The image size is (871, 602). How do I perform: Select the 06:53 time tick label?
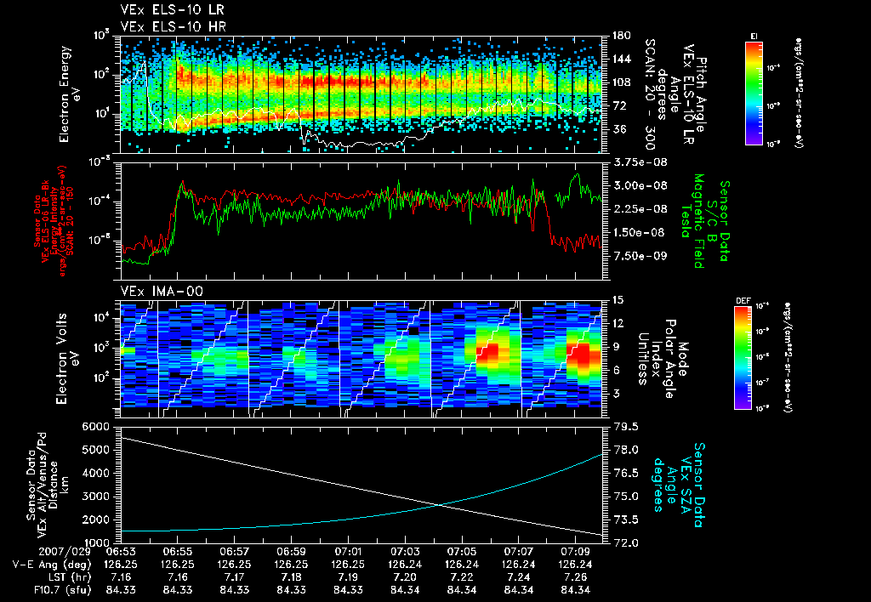point(122,551)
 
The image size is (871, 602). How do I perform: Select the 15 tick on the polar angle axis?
point(611,300)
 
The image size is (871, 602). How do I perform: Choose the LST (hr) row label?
point(58,576)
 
